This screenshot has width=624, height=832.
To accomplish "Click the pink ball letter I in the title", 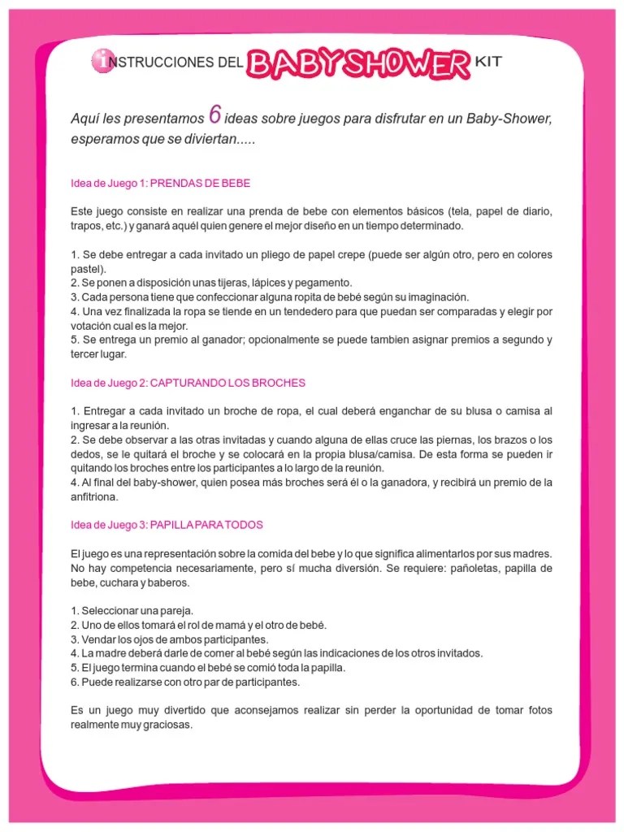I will point(101,58).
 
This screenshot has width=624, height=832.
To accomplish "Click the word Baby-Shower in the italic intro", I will point(509,119).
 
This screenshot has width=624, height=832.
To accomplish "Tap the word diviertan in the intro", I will point(223,139).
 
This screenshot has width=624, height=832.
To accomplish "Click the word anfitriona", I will point(94,496).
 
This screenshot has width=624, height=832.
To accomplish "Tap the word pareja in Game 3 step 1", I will point(173,611).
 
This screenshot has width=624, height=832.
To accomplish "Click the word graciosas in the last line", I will point(167,725).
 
